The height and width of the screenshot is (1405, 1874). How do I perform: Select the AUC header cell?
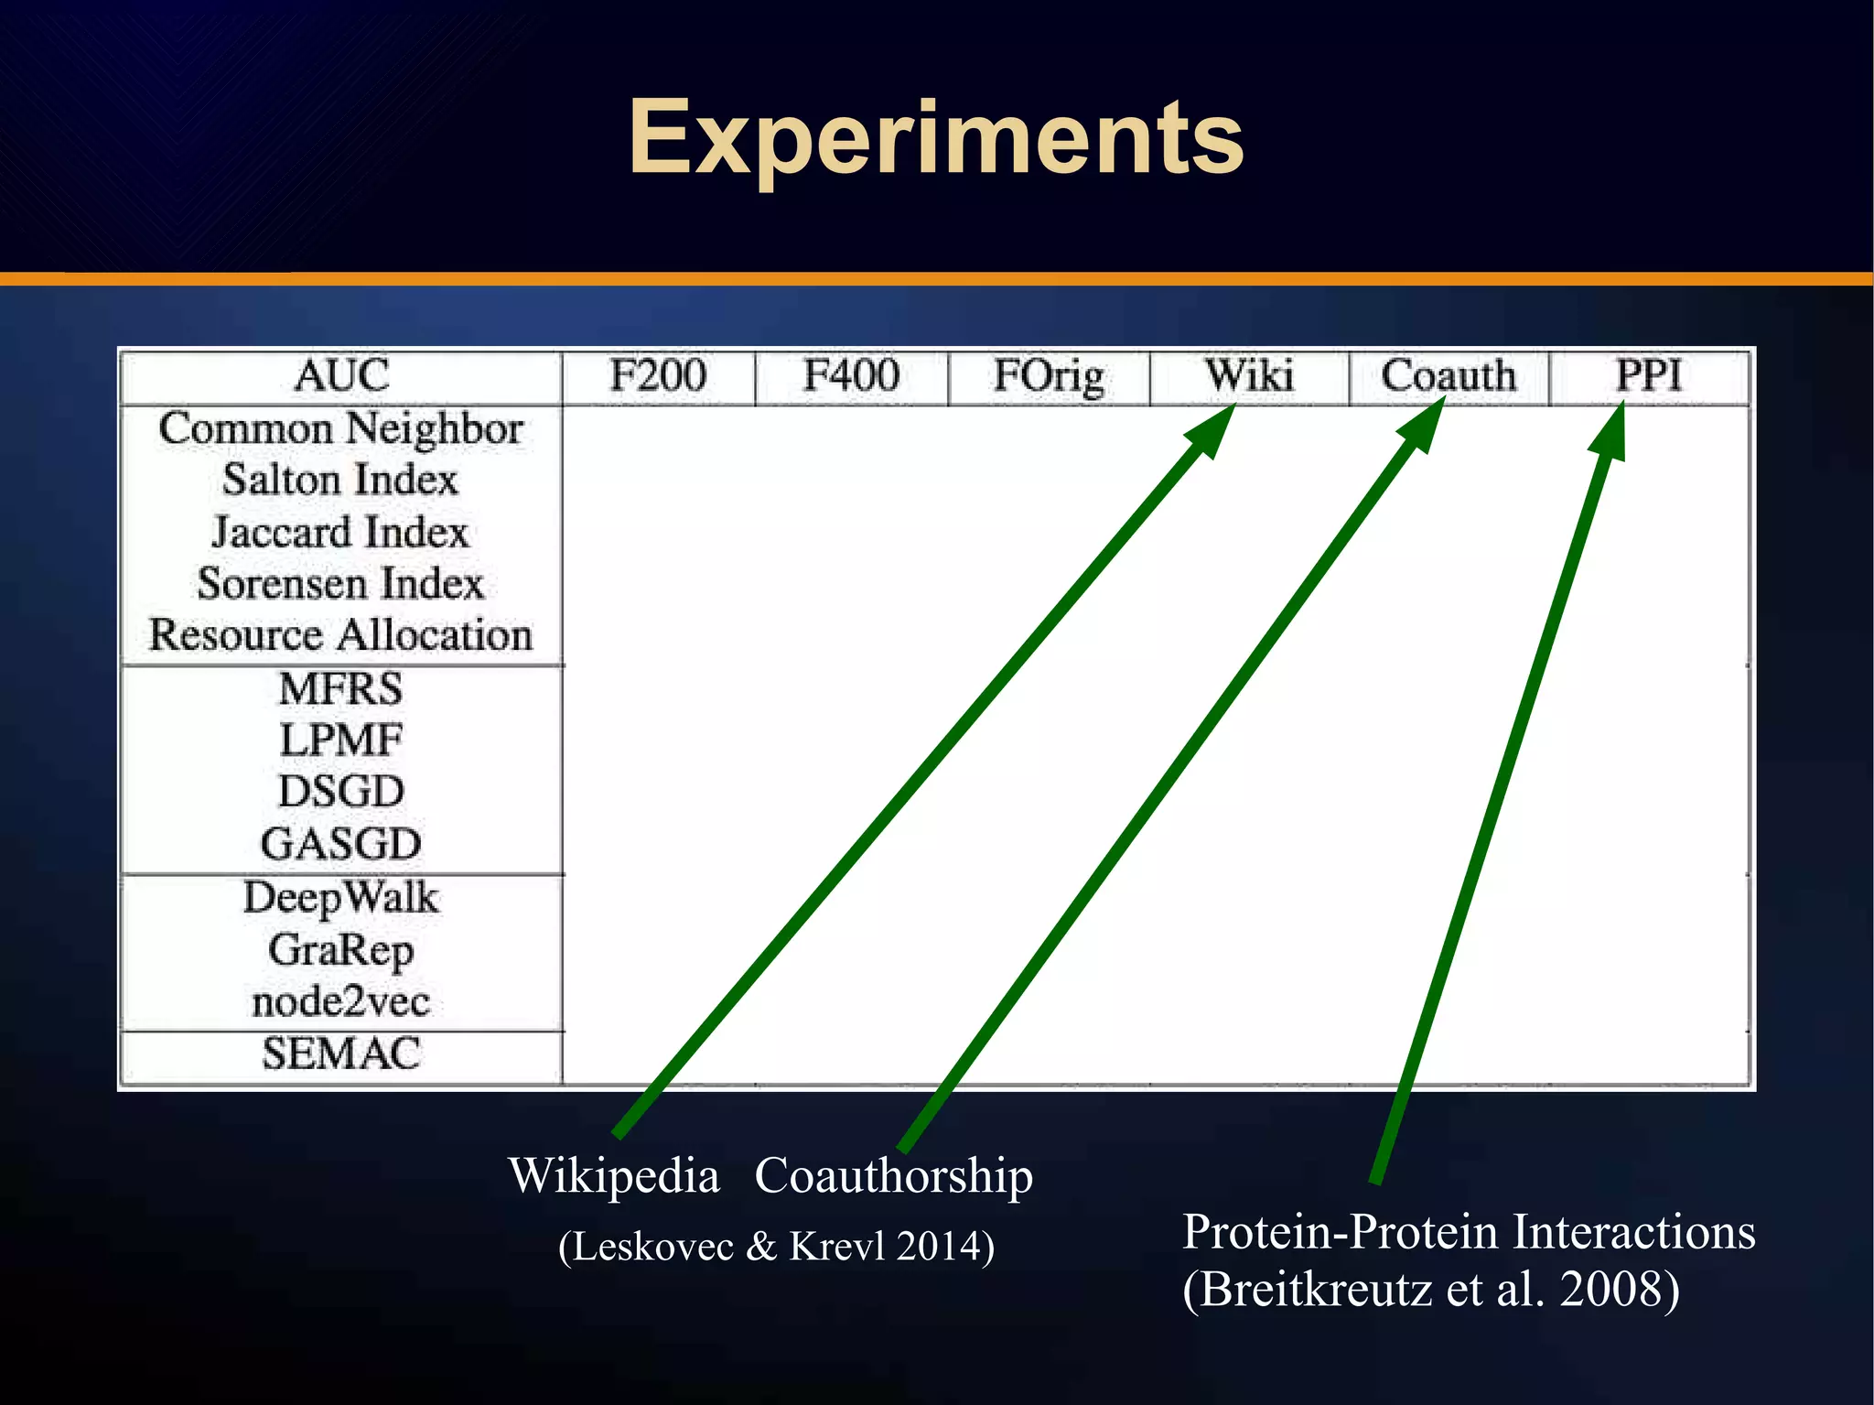coord(341,376)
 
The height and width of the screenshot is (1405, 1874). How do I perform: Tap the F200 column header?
coord(658,376)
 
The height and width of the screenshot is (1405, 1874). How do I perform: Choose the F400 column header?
coord(851,376)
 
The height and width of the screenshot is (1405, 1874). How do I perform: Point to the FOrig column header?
coord(1049,377)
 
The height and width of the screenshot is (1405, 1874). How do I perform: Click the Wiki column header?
coord(1249,376)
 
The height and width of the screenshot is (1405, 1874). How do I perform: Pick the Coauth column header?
coord(1449,376)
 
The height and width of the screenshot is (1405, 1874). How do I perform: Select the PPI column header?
coord(1649,376)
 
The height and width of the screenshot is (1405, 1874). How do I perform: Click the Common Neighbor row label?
coord(340,428)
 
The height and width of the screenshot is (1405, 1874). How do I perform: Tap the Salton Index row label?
coord(340,481)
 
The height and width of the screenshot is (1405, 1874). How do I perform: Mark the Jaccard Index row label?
coord(340,533)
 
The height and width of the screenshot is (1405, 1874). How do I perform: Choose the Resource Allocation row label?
coord(340,635)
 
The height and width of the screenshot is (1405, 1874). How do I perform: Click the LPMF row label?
coord(340,740)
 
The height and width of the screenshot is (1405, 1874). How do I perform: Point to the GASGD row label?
coord(340,844)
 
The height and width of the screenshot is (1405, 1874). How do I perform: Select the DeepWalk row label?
coord(340,898)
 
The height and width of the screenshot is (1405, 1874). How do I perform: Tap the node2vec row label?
coord(340,1001)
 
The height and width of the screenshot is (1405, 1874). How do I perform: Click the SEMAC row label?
coord(340,1054)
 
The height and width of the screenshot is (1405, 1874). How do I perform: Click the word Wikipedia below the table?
coord(614,1175)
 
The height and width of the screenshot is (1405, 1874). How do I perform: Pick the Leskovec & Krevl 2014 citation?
coord(776,1247)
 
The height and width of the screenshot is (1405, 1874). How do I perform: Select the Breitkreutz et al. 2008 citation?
coord(1430,1289)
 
